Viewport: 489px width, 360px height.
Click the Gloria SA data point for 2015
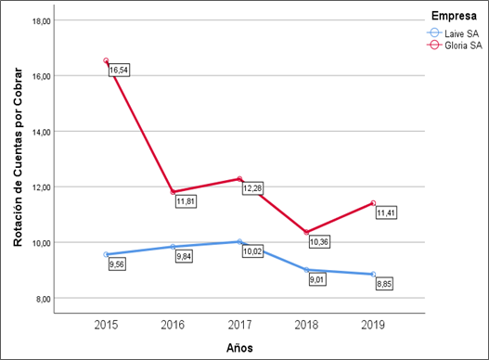pyautogui.click(x=107, y=61)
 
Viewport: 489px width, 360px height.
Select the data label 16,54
pyautogui.click(x=119, y=71)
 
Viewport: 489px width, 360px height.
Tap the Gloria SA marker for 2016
pyautogui.click(x=173, y=192)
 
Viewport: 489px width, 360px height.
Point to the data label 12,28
pyautogui.click(x=252, y=188)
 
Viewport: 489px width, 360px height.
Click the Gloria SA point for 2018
pyautogui.click(x=306, y=232)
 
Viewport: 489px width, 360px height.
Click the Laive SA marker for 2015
pyautogui.click(x=107, y=254)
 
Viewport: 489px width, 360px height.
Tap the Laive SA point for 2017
pyautogui.click(x=239, y=241)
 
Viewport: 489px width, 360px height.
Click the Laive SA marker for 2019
pyautogui.click(x=373, y=274)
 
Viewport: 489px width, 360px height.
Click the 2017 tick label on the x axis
pyautogui.click(x=239, y=326)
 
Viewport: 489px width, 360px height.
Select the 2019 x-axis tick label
pyautogui.click(x=373, y=326)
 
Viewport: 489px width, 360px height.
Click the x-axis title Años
pyautogui.click(x=238, y=348)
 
